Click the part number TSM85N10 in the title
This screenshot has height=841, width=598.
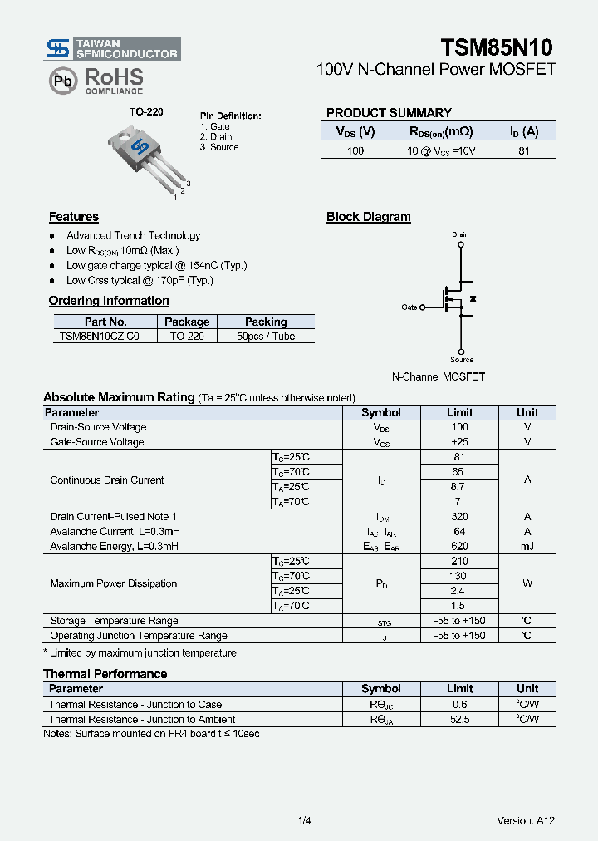point(496,47)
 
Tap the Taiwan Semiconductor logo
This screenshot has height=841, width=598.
point(112,48)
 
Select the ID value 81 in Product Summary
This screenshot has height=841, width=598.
point(524,150)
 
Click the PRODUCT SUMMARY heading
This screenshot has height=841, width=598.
point(389,113)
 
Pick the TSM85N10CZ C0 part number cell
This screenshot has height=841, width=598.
point(100,337)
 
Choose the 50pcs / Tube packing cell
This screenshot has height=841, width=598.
point(266,337)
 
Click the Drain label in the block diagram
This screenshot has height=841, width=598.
point(460,234)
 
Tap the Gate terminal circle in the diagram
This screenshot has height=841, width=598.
point(423,307)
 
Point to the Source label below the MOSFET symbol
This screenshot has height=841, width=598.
point(462,360)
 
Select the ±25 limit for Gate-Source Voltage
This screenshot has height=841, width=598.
point(459,442)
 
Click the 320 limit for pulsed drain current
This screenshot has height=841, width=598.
point(459,517)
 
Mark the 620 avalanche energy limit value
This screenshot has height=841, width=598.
point(459,547)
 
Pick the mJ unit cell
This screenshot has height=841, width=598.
point(527,547)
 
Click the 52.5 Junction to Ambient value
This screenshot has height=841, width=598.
point(459,720)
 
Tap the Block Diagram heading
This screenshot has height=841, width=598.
point(369,217)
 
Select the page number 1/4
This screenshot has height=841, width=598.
point(304,821)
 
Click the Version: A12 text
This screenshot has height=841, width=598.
point(526,821)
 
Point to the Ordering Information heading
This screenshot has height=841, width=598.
point(109,301)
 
